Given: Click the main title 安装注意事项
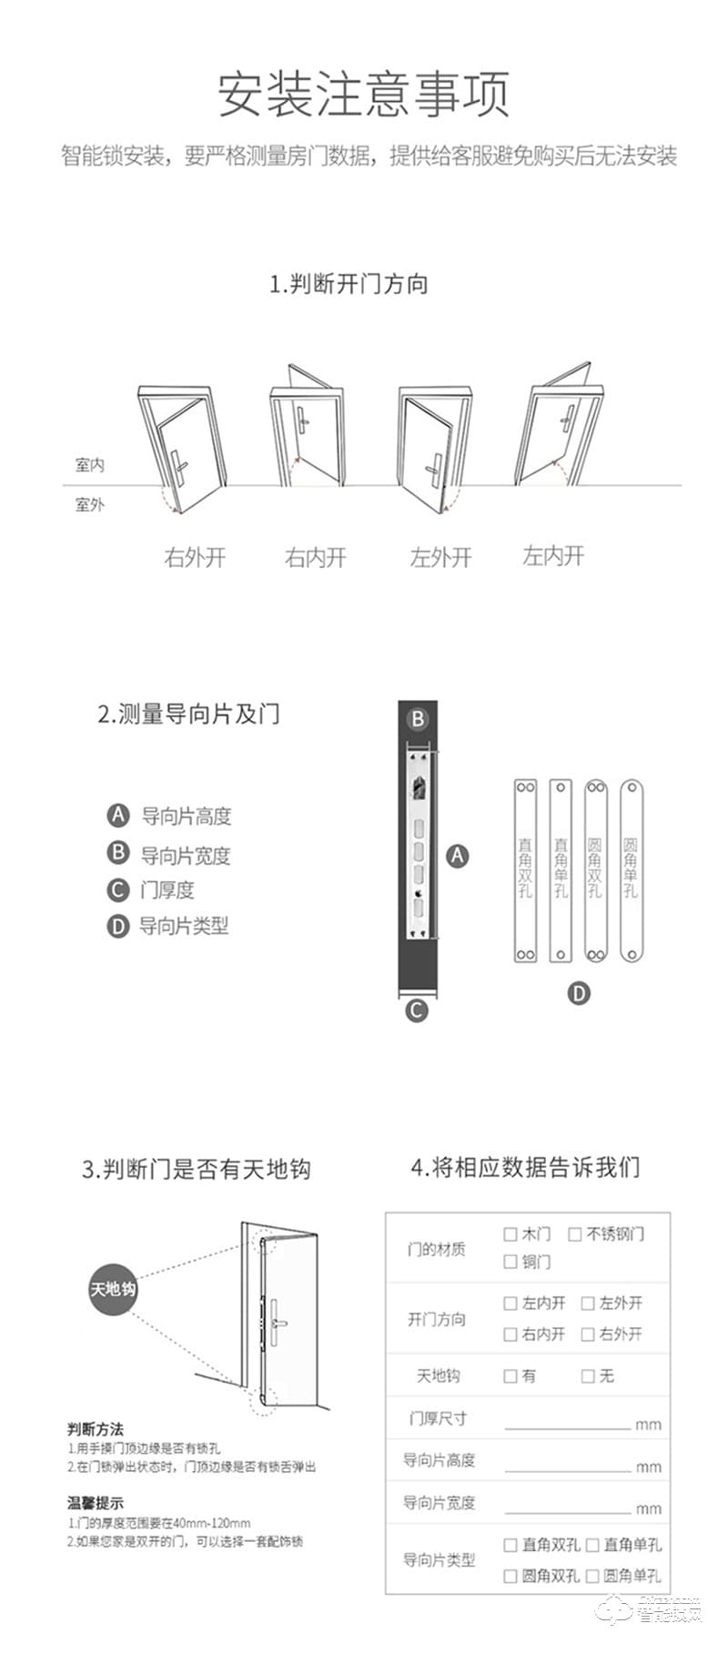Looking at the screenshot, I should tap(363, 94).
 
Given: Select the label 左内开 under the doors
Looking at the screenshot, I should tap(553, 555).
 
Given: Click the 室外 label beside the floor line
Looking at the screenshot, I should tap(89, 504).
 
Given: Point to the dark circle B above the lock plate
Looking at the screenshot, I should tap(418, 719).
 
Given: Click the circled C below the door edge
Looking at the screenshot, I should tap(416, 1010).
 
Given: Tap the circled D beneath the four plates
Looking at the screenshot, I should tap(580, 993).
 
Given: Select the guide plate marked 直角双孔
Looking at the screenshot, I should tap(525, 869).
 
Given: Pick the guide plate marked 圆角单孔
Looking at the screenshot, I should tap(632, 869).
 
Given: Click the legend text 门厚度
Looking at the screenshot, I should tap(167, 890).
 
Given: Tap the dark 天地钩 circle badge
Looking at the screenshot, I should tap(113, 1289).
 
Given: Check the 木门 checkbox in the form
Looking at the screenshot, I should tap(511, 1234).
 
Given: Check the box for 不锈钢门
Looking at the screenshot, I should tap(575, 1234).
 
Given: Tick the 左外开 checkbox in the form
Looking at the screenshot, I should tap(588, 1304).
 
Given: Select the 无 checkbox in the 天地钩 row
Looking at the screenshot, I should tap(588, 1376).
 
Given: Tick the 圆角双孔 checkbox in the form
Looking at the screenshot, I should tap(511, 1576).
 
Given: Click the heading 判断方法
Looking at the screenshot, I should tap(95, 1429).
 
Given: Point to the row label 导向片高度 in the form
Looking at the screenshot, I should tap(439, 1460).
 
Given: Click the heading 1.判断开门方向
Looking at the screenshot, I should tap(349, 284).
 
